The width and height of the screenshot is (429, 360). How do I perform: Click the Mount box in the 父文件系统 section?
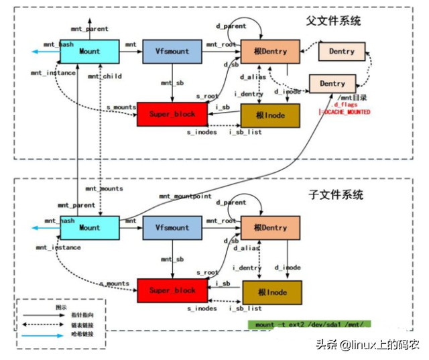tap(90, 51)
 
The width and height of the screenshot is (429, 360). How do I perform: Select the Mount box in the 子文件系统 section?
tap(90, 228)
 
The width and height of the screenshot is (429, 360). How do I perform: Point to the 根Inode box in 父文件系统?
tap(271, 115)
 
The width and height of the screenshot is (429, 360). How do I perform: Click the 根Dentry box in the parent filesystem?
tap(270, 52)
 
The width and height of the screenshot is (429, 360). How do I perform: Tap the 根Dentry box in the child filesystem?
tap(271, 228)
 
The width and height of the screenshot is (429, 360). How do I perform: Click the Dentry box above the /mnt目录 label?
tap(332, 84)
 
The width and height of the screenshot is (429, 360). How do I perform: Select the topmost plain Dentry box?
tap(342, 51)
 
